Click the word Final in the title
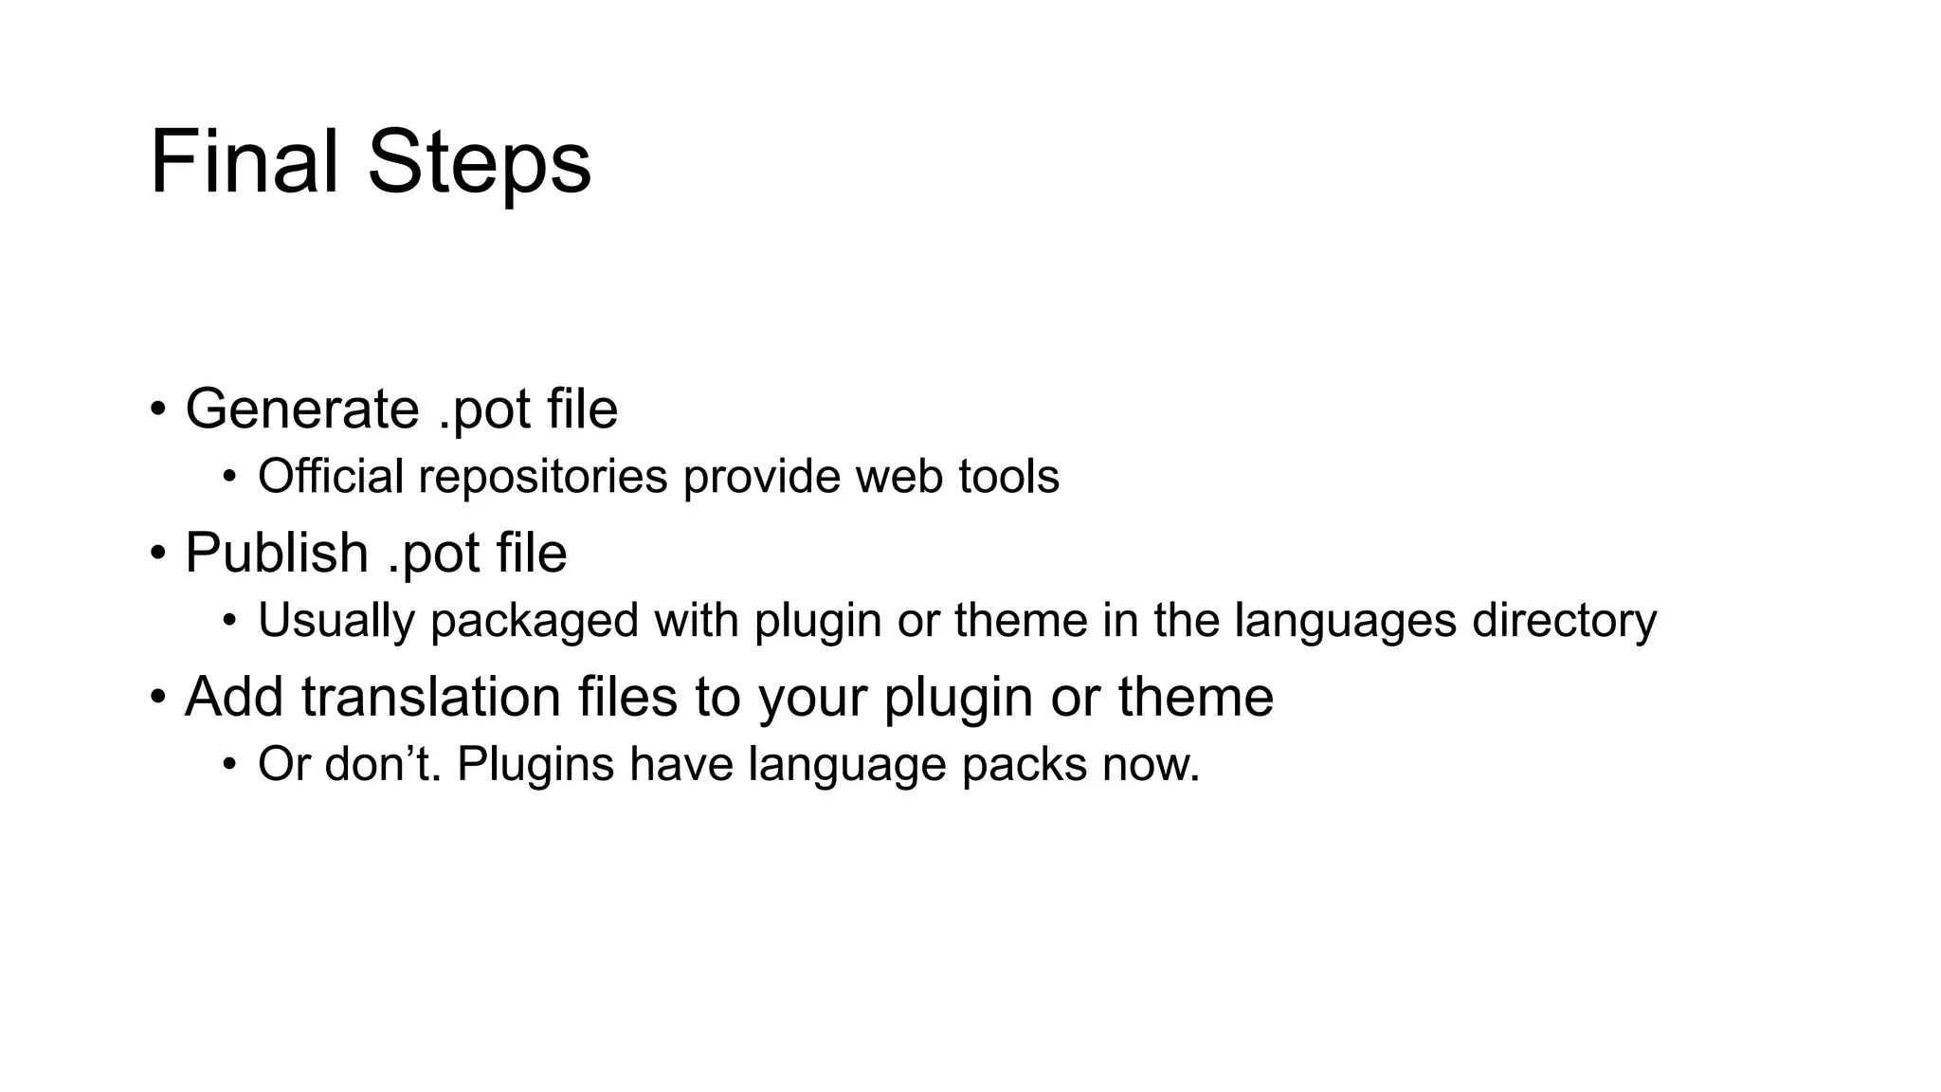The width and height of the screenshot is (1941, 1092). tap(244, 162)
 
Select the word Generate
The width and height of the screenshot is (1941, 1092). tap(302, 409)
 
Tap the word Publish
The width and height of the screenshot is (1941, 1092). tap(276, 553)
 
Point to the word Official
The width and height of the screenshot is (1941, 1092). tap(331, 476)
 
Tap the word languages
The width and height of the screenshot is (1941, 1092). tap(1345, 621)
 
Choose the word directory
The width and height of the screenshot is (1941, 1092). tap(1564, 621)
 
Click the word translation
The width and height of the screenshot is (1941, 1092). tap(431, 697)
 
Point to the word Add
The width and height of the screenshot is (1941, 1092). tap(234, 697)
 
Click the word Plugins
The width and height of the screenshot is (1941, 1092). tap(535, 764)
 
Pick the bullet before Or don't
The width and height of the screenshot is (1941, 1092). tap(228, 764)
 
